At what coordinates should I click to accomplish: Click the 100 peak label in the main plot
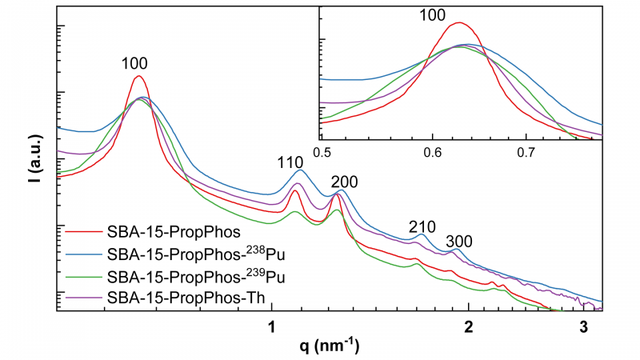(136, 63)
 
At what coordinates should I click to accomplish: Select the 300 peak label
(459, 241)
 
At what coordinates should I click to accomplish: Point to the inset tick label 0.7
(527, 150)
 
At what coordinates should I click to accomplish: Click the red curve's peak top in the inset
(458, 22)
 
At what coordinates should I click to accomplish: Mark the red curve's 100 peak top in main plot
(138, 76)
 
